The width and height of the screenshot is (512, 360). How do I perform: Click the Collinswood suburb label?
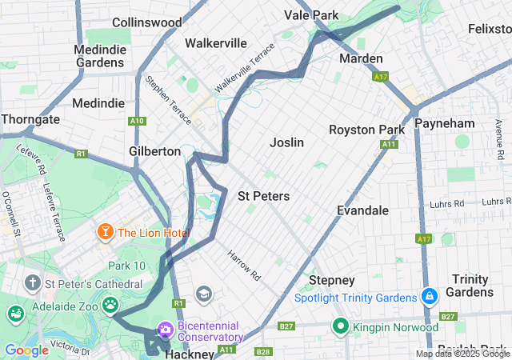[146, 22]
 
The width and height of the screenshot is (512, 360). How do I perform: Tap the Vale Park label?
[312, 14]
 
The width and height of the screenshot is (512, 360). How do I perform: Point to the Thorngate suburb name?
[30, 119]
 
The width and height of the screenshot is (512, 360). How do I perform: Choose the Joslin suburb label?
[286, 142]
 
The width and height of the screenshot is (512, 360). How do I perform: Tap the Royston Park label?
[367, 130]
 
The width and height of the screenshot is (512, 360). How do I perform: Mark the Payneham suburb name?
[446, 123]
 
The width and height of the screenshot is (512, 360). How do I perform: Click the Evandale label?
[362, 210]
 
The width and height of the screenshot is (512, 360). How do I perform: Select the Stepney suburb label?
[331, 280]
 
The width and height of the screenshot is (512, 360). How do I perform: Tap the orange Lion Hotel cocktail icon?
[104, 232]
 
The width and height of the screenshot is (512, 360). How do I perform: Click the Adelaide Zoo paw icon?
[110, 304]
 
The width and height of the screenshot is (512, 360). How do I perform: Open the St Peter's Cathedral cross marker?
[32, 282]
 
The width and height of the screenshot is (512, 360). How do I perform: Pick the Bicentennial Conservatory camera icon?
[166, 329]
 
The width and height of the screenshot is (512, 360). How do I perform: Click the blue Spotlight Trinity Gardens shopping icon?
[430, 297]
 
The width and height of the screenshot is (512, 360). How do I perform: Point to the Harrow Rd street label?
[244, 265]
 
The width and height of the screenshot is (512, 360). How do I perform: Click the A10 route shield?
[138, 121]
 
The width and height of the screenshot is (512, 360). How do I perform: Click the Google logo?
[26, 350]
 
